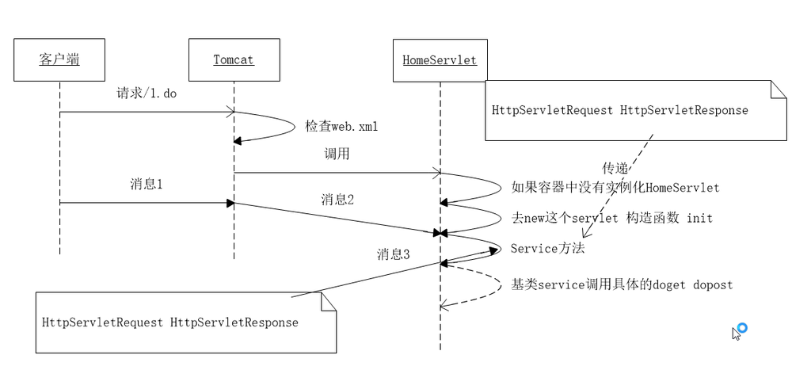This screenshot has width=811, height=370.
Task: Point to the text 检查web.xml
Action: tap(341, 126)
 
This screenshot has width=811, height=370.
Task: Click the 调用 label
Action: tap(337, 154)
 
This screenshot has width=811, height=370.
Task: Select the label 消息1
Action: tap(147, 184)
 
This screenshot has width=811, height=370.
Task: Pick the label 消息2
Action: tap(337, 199)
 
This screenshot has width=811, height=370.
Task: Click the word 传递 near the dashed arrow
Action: tap(615, 168)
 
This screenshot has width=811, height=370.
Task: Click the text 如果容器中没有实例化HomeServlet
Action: tap(615, 187)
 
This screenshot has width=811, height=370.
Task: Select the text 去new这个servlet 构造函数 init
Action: tap(612, 218)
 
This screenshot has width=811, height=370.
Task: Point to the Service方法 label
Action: tap(548, 249)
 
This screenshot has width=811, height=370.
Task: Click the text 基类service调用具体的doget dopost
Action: tap(622, 284)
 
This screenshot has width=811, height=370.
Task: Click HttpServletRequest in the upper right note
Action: tap(552, 110)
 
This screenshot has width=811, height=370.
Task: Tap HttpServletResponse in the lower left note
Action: tap(234, 322)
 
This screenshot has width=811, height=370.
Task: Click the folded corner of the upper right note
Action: tap(779, 89)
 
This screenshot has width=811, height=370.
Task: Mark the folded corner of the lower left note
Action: tap(329, 301)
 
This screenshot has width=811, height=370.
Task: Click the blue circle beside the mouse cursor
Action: tap(742, 327)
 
